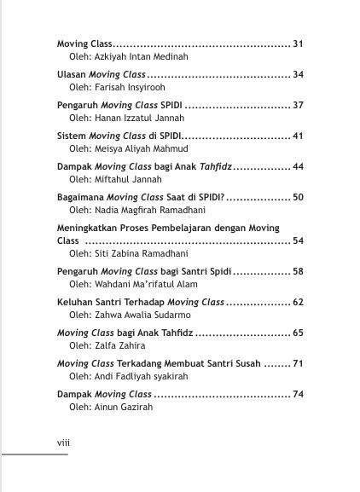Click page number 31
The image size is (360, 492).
click(x=298, y=43)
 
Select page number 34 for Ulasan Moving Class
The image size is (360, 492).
click(x=298, y=74)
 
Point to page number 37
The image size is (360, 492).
click(x=298, y=105)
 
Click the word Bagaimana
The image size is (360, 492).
click(x=78, y=197)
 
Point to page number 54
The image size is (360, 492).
click(x=298, y=241)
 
